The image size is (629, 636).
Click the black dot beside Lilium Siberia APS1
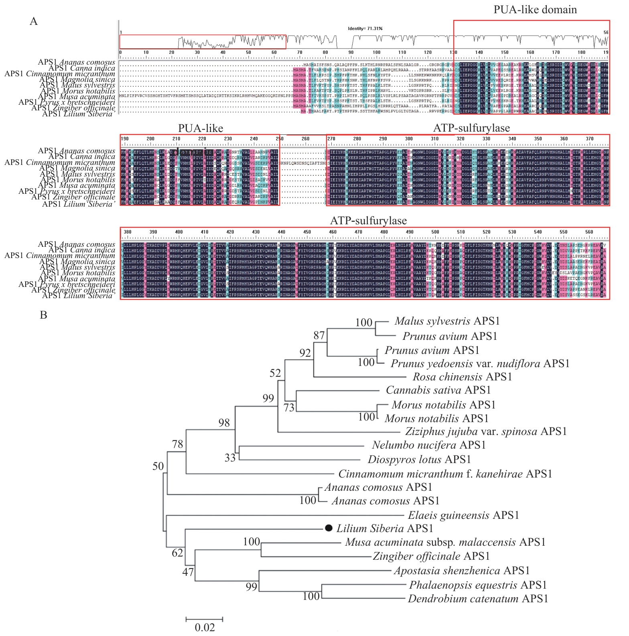329,528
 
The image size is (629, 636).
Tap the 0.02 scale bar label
205,627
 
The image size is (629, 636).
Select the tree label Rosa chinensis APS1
462,377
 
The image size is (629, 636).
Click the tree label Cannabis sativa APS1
438,390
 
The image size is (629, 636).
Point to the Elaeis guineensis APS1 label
463,515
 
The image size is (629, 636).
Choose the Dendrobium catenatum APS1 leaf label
478,599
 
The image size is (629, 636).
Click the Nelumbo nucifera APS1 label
429,445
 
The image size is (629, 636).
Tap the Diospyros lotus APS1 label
419,459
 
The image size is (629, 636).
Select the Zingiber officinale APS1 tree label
431,556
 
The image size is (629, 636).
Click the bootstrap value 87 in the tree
319,335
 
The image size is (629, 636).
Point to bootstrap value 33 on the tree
230,458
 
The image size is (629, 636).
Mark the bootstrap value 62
177,553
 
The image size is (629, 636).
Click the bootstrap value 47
188,572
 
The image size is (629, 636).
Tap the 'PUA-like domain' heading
535,10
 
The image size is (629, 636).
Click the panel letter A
34,21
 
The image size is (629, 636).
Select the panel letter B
43,315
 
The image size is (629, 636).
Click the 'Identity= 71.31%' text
365,28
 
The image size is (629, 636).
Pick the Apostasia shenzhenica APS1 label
462,571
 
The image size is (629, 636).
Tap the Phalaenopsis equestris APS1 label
478,585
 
